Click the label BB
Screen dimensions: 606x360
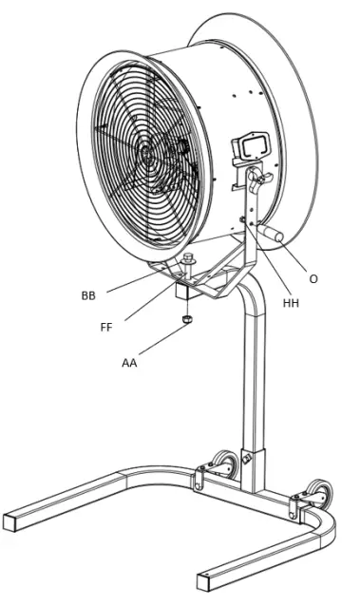[x=87, y=295]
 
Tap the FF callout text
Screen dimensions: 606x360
[x=105, y=327]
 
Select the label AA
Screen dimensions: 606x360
[x=129, y=362]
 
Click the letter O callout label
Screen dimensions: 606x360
[x=313, y=278]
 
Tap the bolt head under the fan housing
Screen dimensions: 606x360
[x=187, y=259]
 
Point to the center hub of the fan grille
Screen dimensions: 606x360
[x=145, y=152]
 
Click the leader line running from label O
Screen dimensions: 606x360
[x=290, y=258]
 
